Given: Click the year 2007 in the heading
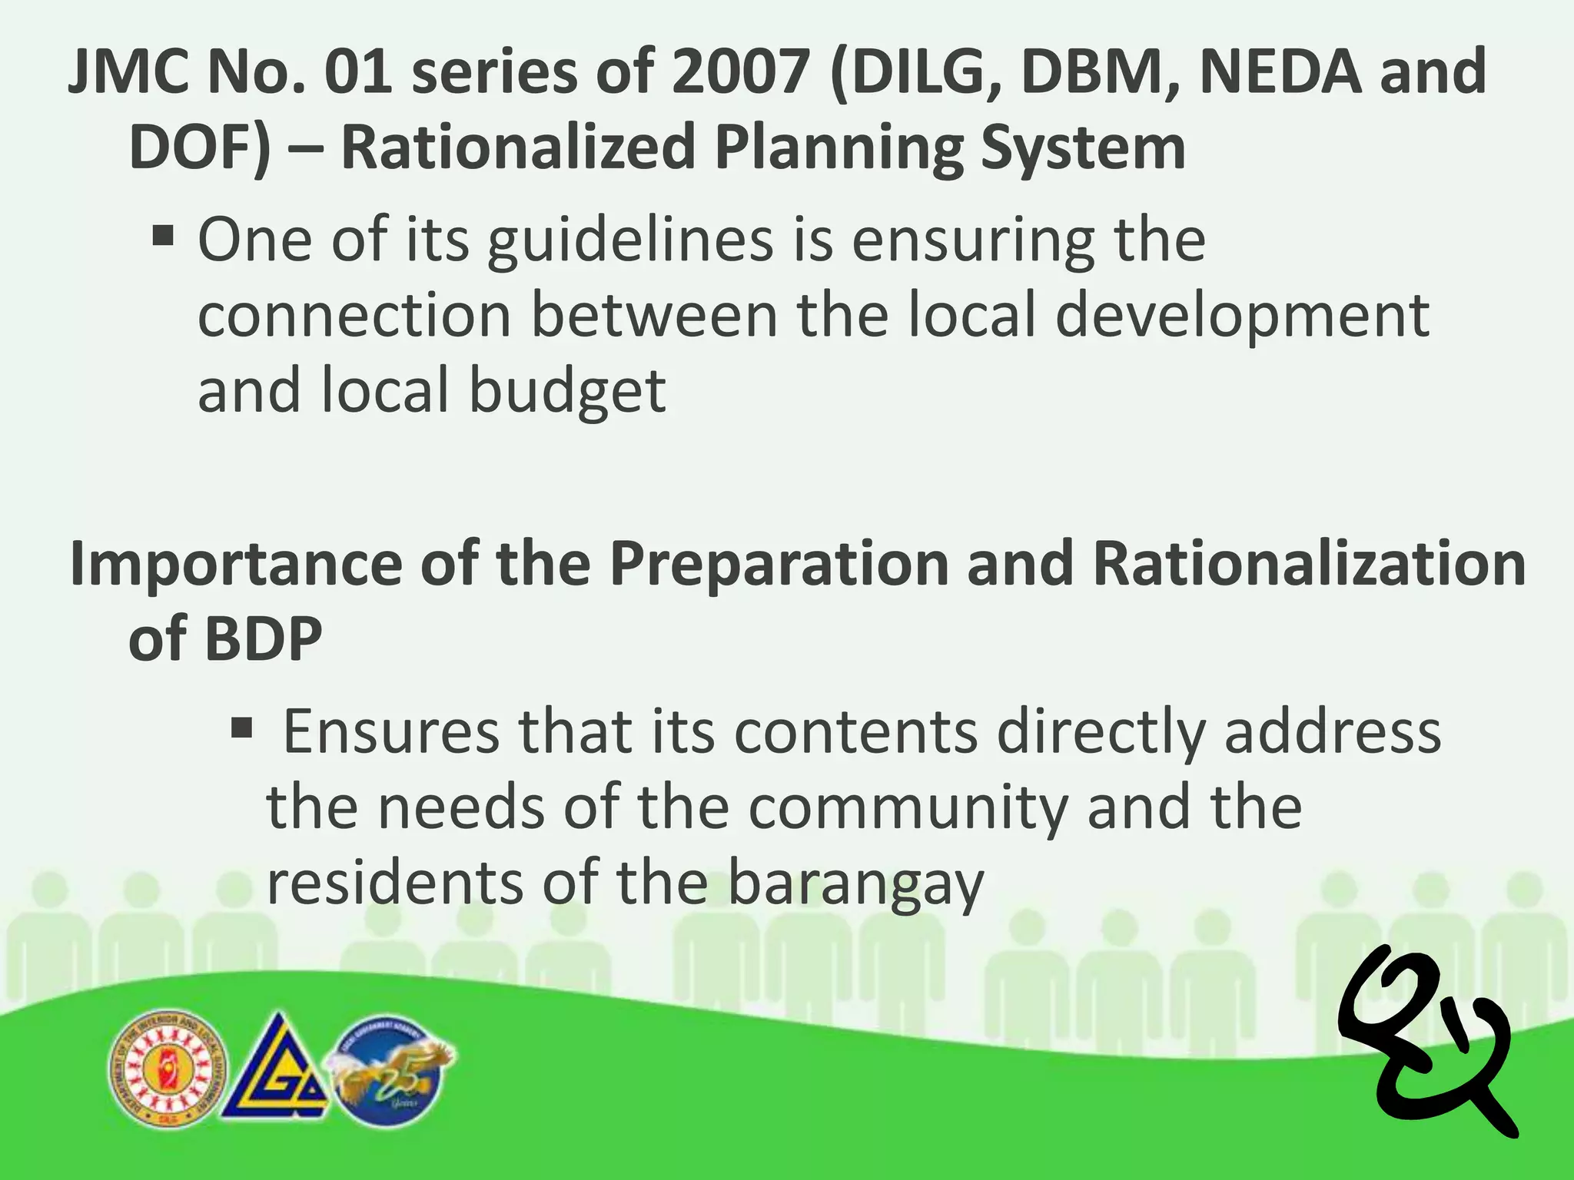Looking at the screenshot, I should click(740, 71).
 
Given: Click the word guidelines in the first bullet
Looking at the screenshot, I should click(630, 241).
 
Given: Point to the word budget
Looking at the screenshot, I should click(566, 391).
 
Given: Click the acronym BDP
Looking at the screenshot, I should click(263, 638).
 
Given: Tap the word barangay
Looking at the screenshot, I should click(855, 884).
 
